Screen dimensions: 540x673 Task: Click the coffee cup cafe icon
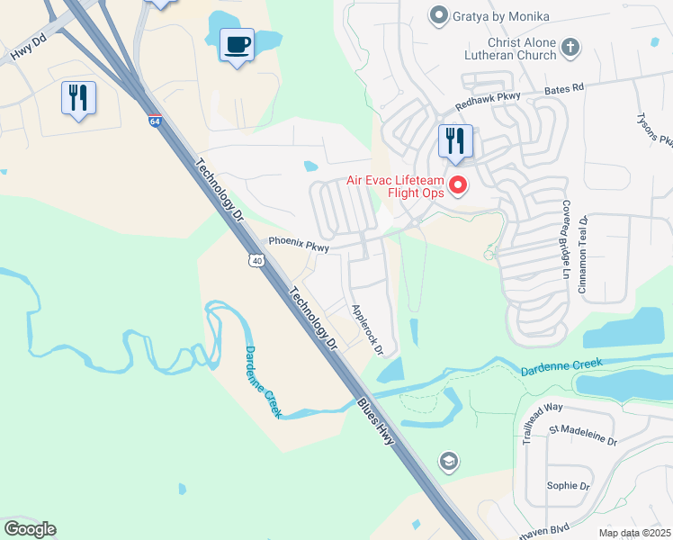[x=238, y=45]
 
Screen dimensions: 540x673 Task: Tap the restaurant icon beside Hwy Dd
[x=78, y=97]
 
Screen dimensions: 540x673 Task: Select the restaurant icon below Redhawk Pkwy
[x=455, y=140]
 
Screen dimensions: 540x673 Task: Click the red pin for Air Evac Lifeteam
[x=458, y=185]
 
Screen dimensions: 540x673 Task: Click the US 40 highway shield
[x=257, y=260]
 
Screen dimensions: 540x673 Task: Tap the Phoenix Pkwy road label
[x=299, y=245]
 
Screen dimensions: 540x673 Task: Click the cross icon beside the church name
[x=570, y=47]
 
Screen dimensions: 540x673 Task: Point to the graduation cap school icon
[x=447, y=463]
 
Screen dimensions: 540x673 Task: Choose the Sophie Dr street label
[x=568, y=486]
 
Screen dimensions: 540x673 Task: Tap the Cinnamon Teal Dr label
[x=583, y=254]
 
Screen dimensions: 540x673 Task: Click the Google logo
[x=30, y=529]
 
